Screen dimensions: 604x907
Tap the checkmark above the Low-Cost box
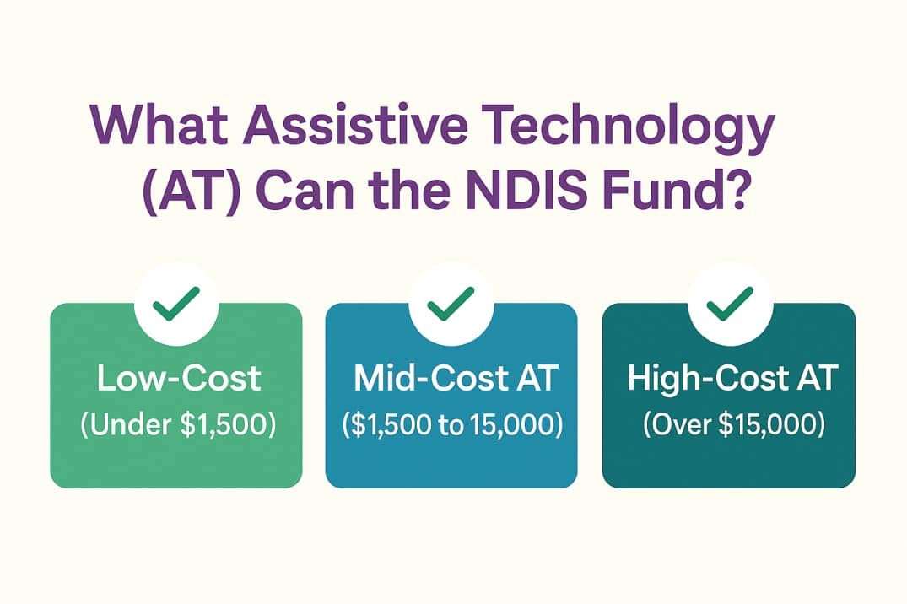pos(176,303)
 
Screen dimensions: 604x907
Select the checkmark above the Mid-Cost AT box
pos(451,303)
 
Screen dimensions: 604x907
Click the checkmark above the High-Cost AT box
pos(730,303)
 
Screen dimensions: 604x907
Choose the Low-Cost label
pos(178,380)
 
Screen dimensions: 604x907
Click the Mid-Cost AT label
pos(455,380)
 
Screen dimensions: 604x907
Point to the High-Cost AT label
pos(731,380)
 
